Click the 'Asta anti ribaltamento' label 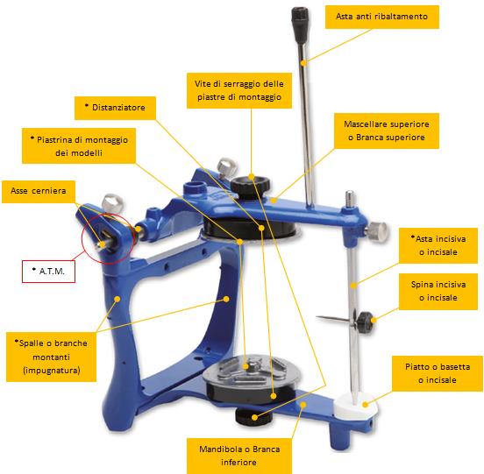381,17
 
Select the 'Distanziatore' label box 115,108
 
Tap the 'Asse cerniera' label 39,192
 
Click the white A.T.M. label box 48,272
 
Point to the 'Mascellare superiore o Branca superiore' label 387,131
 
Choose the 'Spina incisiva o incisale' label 438,291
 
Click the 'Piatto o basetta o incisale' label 437,373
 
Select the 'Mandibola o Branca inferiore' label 239,456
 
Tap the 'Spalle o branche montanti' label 51,357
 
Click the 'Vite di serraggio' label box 239,90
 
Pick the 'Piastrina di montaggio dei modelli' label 79,145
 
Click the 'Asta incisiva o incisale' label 438,246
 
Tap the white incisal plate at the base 356,406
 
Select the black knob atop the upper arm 250,185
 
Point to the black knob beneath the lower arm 253,416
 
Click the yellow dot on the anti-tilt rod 304,62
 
